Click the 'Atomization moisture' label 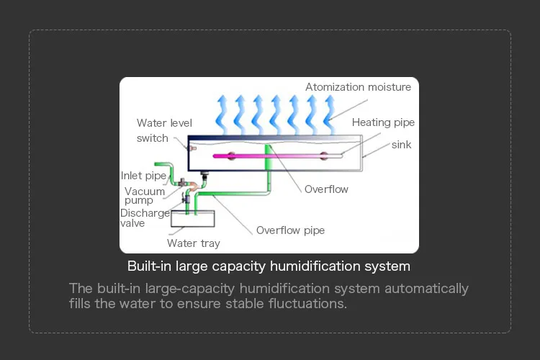[x=358, y=87]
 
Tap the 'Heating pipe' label [x=383, y=122]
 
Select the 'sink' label [x=401, y=145]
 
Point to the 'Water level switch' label [x=163, y=130]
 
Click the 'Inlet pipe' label [x=143, y=176]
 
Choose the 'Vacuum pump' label [x=144, y=196]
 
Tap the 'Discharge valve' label [x=145, y=218]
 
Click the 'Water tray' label [x=193, y=243]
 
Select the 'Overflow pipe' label [x=290, y=230]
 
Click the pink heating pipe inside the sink [x=274, y=155]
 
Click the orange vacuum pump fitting [x=193, y=186]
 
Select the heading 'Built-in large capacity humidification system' [x=269, y=266]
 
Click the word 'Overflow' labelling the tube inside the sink [x=326, y=189]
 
